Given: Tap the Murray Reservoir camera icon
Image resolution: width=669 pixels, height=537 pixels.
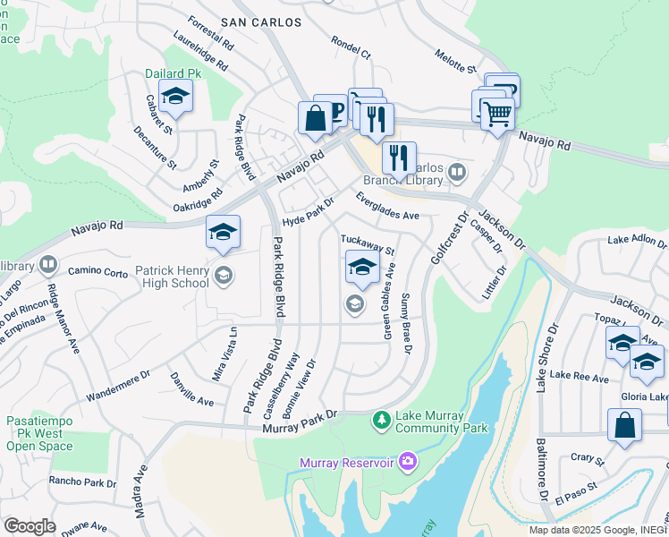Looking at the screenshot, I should (x=409, y=462).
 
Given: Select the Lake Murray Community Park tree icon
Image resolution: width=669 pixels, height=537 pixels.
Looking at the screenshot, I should (x=382, y=419).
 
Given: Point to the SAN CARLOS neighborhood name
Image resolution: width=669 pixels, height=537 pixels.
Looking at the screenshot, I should (x=260, y=21).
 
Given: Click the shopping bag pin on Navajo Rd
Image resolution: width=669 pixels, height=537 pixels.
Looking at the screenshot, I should (x=315, y=119).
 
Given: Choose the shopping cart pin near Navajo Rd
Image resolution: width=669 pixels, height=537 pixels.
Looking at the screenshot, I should (x=497, y=113).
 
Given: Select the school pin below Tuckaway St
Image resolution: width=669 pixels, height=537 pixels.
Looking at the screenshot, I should (x=361, y=267).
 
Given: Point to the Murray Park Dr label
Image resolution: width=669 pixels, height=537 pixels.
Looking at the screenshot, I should (x=300, y=422).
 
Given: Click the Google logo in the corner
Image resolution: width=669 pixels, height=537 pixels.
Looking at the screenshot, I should (x=30, y=525).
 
